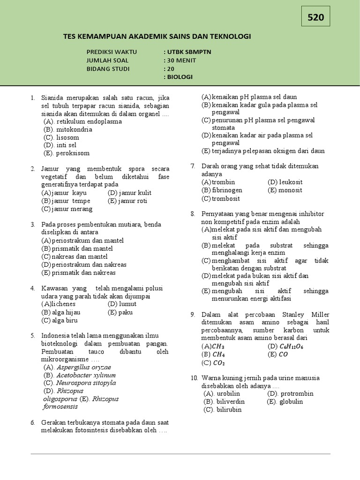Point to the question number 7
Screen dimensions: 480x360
point(193,166)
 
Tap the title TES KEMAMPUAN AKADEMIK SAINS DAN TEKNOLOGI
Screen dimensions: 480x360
point(157,37)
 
